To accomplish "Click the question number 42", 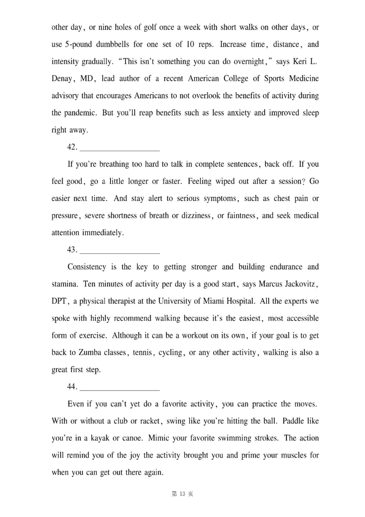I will point(72,147).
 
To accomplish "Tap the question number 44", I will point(72,386).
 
